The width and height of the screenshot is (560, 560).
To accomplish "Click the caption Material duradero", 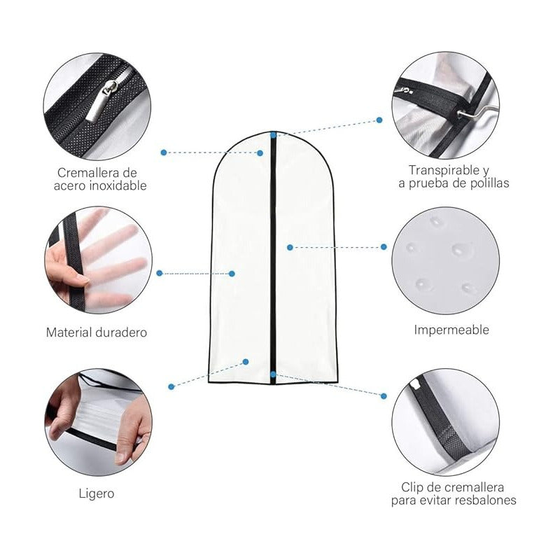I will point(97,332).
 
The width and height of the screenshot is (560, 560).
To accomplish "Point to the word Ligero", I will point(97,493).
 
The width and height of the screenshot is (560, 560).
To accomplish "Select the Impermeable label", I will point(451,330).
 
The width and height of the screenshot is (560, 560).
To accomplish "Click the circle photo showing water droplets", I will point(445,260).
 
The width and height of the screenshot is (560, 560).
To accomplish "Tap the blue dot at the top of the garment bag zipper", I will point(274,134).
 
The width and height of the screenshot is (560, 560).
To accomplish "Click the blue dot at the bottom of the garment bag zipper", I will point(273,375).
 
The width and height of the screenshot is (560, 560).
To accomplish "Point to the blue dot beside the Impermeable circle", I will point(384,247).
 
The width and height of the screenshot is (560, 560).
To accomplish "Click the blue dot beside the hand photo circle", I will point(160,273).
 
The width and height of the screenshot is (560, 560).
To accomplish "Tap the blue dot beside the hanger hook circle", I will point(379,120).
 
